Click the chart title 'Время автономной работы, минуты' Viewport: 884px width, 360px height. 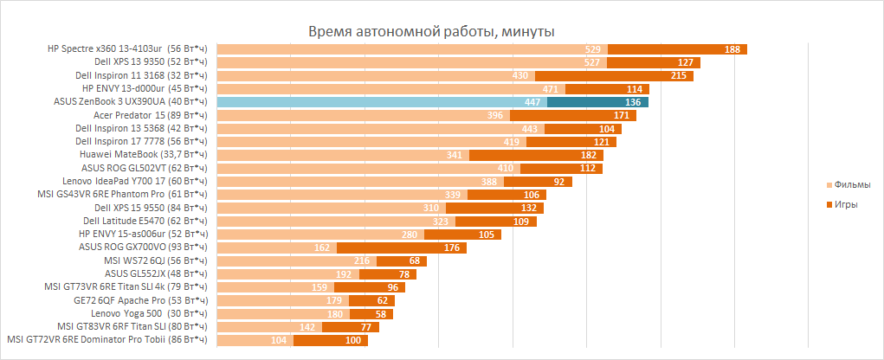(431, 32)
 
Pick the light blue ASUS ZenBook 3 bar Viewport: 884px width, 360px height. (381, 102)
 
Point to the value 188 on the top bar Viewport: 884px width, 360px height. (732, 49)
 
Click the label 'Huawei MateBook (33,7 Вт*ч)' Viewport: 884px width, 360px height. (143, 155)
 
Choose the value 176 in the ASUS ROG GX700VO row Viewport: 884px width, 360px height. (427, 247)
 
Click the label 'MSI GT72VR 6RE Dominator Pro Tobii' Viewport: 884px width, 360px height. (107, 340)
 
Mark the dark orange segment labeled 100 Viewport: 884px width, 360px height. (331, 340)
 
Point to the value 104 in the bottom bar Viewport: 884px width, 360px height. (279, 340)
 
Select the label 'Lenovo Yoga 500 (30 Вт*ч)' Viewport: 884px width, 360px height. (149, 313)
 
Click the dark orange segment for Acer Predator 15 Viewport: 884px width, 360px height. (573, 115)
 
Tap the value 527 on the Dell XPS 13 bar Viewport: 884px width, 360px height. (592, 62)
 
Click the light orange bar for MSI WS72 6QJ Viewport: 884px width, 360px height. (286, 260)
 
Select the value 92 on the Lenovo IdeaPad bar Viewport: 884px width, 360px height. (558, 182)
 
